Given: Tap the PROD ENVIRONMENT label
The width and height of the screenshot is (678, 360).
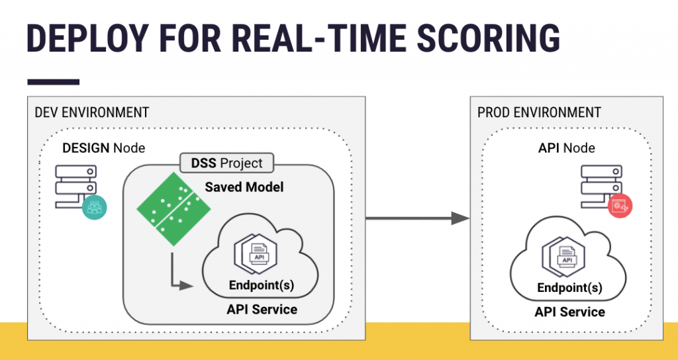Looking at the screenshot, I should pyautogui.click(x=539, y=112).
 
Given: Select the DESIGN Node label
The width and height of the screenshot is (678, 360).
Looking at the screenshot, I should pyautogui.click(x=103, y=148).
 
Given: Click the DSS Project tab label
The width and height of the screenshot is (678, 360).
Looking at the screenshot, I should pyautogui.click(x=227, y=163).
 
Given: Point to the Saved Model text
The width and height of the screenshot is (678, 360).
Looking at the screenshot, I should pyautogui.click(x=244, y=187).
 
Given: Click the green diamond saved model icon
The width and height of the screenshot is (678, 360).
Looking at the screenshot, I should pyautogui.click(x=173, y=209).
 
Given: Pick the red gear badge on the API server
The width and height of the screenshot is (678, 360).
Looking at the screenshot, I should pyautogui.click(x=620, y=206).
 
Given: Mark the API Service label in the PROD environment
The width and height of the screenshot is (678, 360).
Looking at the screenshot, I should pyautogui.click(x=570, y=312).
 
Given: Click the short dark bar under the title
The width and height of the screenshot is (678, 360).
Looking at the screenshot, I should pyautogui.click(x=53, y=82).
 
